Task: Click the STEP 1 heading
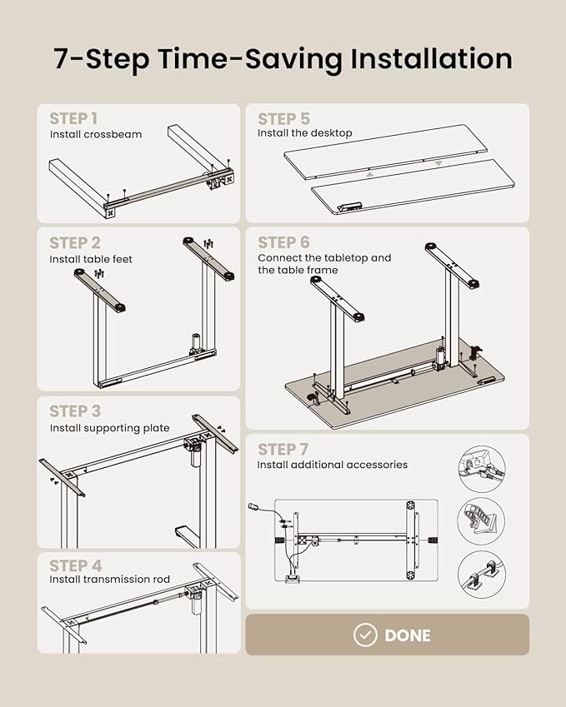click(x=73, y=118)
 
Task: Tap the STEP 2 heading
click(x=75, y=242)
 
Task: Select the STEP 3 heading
click(x=75, y=411)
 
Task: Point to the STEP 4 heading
click(x=75, y=565)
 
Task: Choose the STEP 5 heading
click(x=284, y=119)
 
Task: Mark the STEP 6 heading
click(x=284, y=242)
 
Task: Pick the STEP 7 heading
click(x=283, y=450)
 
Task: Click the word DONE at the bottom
click(x=408, y=635)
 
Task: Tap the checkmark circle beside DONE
click(x=365, y=635)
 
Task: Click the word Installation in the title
click(x=432, y=58)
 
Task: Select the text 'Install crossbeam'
click(x=96, y=134)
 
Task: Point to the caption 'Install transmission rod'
click(x=110, y=579)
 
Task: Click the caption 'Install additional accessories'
click(x=333, y=465)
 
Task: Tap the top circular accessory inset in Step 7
click(x=482, y=470)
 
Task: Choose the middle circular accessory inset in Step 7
click(x=482, y=521)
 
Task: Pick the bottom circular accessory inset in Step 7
click(x=482, y=575)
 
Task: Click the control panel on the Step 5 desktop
click(x=349, y=206)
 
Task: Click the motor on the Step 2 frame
click(x=196, y=344)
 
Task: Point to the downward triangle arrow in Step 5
click(x=438, y=164)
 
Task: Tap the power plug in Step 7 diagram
click(x=253, y=507)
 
